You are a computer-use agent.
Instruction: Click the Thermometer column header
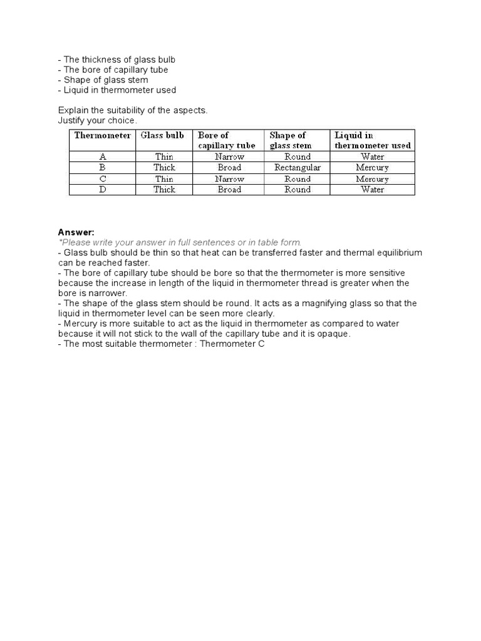point(103,135)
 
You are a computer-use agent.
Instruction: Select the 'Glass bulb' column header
point(162,135)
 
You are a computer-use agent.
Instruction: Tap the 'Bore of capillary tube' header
point(227,140)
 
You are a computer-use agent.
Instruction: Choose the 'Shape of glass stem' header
point(290,140)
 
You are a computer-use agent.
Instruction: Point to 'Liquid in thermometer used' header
point(373,140)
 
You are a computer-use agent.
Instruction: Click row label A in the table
point(102,156)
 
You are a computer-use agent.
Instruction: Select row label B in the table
point(102,168)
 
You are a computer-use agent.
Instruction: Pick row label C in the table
point(102,178)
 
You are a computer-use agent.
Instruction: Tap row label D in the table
point(102,190)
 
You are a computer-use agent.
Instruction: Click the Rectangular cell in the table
point(297,168)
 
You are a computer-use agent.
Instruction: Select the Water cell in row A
point(373,156)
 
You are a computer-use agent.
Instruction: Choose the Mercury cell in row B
point(373,168)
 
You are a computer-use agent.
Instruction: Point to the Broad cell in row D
point(229,190)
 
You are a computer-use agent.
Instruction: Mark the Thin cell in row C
point(164,178)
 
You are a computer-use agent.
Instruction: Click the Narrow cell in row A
point(229,156)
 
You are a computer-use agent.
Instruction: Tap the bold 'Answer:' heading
point(76,232)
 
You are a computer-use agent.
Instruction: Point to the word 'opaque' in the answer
point(335,334)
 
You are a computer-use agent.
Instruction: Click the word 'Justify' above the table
point(71,120)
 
